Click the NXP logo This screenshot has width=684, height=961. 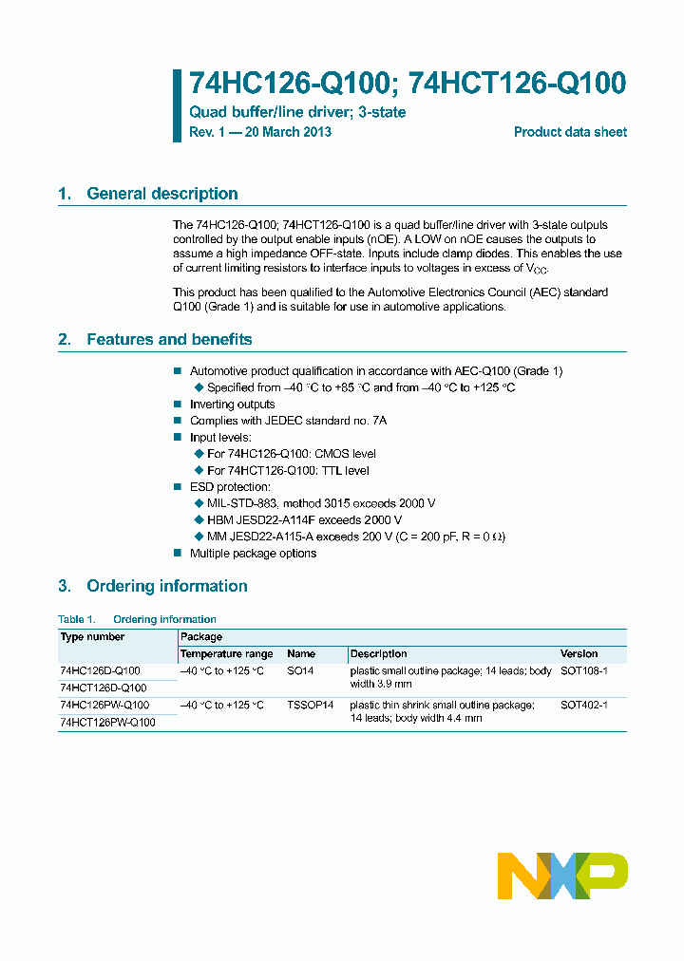pyautogui.click(x=562, y=876)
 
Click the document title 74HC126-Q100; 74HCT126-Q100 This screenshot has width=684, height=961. pyautogui.click(x=408, y=84)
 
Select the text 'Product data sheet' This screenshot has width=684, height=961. pyautogui.click(x=570, y=132)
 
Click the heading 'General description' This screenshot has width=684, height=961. pyautogui.click(x=161, y=194)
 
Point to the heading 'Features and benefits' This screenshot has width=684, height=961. pyautogui.click(x=169, y=339)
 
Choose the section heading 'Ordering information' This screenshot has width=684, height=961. pyautogui.click(x=166, y=586)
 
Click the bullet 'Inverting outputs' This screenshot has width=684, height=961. pyautogui.click(x=232, y=405)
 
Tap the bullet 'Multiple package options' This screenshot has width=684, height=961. pyautogui.click(x=253, y=553)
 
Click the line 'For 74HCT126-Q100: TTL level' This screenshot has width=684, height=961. pyautogui.click(x=288, y=470)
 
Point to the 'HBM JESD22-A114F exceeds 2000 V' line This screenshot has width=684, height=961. pyautogui.click(x=304, y=520)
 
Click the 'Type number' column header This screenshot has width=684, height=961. pyautogui.click(x=92, y=637)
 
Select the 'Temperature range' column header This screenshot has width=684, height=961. pyautogui.click(x=226, y=654)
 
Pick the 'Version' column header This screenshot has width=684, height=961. pyautogui.click(x=579, y=654)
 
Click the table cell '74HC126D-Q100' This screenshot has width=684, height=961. pyautogui.click(x=100, y=670)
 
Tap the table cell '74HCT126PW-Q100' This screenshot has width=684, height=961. pyautogui.click(x=106, y=722)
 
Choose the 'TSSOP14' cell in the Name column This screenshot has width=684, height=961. pyautogui.click(x=311, y=706)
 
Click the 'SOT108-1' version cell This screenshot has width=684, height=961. pyautogui.click(x=583, y=670)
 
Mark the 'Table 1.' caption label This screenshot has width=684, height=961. pyautogui.click(x=77, y=619)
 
